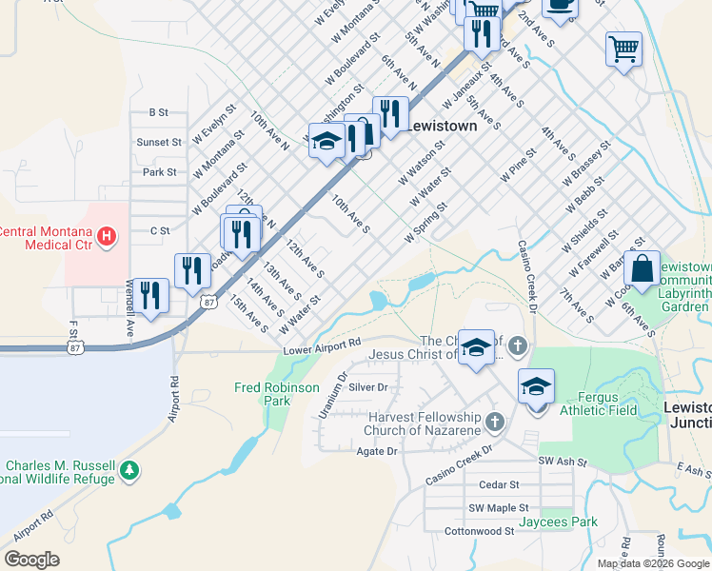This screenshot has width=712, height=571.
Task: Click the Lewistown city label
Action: pyautogui.click(x=442, y=126)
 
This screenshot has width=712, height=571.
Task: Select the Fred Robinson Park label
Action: pyautogui.click(x=278, y=394)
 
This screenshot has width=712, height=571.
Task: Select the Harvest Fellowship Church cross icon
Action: pyautogui.click(x=493, y=421)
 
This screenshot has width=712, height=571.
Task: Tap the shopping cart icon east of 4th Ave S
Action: pyautogui.click(x=623, y=48)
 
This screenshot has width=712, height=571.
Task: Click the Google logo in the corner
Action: pyautogui.click(x=32, y=559)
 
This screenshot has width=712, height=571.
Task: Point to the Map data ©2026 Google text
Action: pyautogui.click(x=652, y=563)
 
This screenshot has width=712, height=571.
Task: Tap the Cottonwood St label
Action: pyautogui.click(x=479, y=530)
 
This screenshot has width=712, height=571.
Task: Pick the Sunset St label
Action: pyautogui.click(x=158, y=142)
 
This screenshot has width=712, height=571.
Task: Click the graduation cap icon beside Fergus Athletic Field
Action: pyautogui.click(x=536, y=387)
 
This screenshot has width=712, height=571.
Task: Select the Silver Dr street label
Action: pyautogui.click(x=368, y=387)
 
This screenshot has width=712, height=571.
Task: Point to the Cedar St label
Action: pyautogui.click(x=498, y=484)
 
